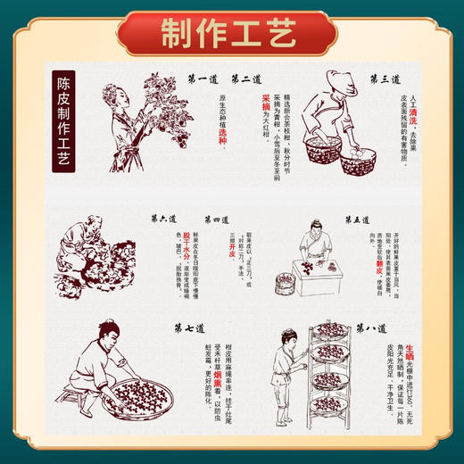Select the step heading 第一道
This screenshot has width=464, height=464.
pyautogui.click(x=204, y=79)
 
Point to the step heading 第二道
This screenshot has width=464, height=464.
pyautogui.click(x=246, y=79)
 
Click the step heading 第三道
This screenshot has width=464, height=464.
pyautogui.click(x=385, y=79)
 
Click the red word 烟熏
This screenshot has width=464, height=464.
pyautogui.click(x=218, y=381)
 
